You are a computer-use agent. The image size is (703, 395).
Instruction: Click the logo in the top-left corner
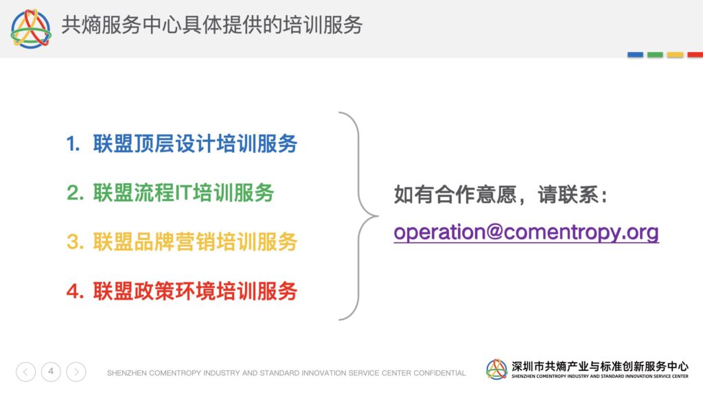[30, 29]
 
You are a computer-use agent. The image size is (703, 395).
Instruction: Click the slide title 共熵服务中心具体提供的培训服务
[212, 25]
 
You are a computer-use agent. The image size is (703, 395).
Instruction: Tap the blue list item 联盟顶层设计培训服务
[195, 144]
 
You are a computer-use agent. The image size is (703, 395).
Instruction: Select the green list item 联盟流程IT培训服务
[183, 193]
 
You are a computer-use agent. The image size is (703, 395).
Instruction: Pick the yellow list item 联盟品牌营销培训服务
[195, 242]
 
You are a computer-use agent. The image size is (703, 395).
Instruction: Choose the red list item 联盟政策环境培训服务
[195, 291]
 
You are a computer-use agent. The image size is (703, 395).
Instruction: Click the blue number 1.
[73, 144]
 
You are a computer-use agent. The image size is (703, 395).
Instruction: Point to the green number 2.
[75, 193]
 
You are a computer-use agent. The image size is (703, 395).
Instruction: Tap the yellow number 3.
[75, 242]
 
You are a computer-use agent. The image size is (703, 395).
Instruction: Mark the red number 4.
[75, 291]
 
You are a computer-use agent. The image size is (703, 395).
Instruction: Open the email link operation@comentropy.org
[527, 232]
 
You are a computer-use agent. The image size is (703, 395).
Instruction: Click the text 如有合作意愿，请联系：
[500, 195]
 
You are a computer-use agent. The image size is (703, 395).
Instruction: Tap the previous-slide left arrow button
[25, 372]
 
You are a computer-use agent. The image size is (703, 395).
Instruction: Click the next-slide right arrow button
[76, 372]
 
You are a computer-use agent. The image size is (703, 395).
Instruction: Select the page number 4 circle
[51, 372]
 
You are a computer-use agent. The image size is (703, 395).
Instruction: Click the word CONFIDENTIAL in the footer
[439, 373]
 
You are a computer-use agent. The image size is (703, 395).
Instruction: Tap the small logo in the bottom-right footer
[497, 370]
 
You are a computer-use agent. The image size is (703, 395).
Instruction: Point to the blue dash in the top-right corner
[635, 55]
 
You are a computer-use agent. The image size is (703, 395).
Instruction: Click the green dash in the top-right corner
[655, 55]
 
